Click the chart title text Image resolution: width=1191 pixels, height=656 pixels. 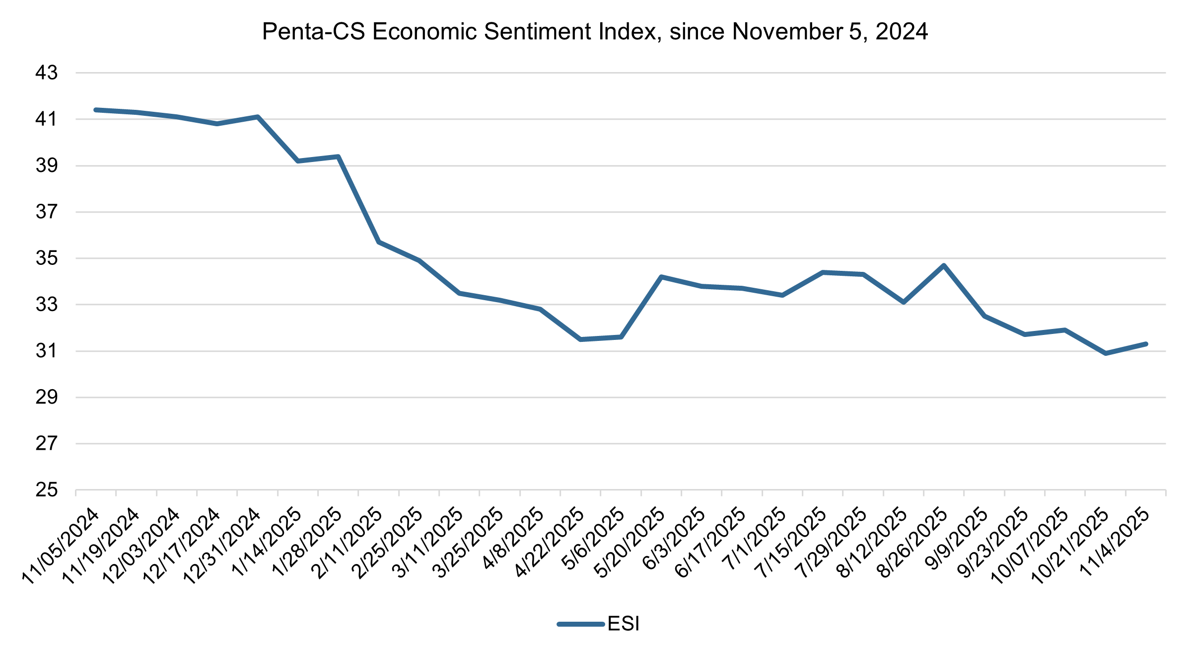[x=595, y=32]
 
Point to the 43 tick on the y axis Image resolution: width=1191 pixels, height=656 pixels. [x=47, y=73]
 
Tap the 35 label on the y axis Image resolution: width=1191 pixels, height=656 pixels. [x=47, y=258]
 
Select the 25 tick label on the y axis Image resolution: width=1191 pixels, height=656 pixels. [x=47, y=490]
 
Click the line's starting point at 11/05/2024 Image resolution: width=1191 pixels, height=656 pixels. [x=96, y=110]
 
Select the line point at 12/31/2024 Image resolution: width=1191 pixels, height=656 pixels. [x=258, y=117]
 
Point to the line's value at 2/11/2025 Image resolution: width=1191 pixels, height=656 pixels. [x=379, y=242]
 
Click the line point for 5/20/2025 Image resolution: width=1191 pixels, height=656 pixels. [x=661, y=276]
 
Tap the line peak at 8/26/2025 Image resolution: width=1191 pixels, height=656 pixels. [x=944, y=265]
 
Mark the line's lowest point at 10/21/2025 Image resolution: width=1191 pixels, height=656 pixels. [x=1106, y=353]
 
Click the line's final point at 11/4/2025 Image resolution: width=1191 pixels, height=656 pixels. [x=1146, y=344]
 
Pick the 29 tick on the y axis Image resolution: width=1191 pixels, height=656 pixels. [x=47, y=397]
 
